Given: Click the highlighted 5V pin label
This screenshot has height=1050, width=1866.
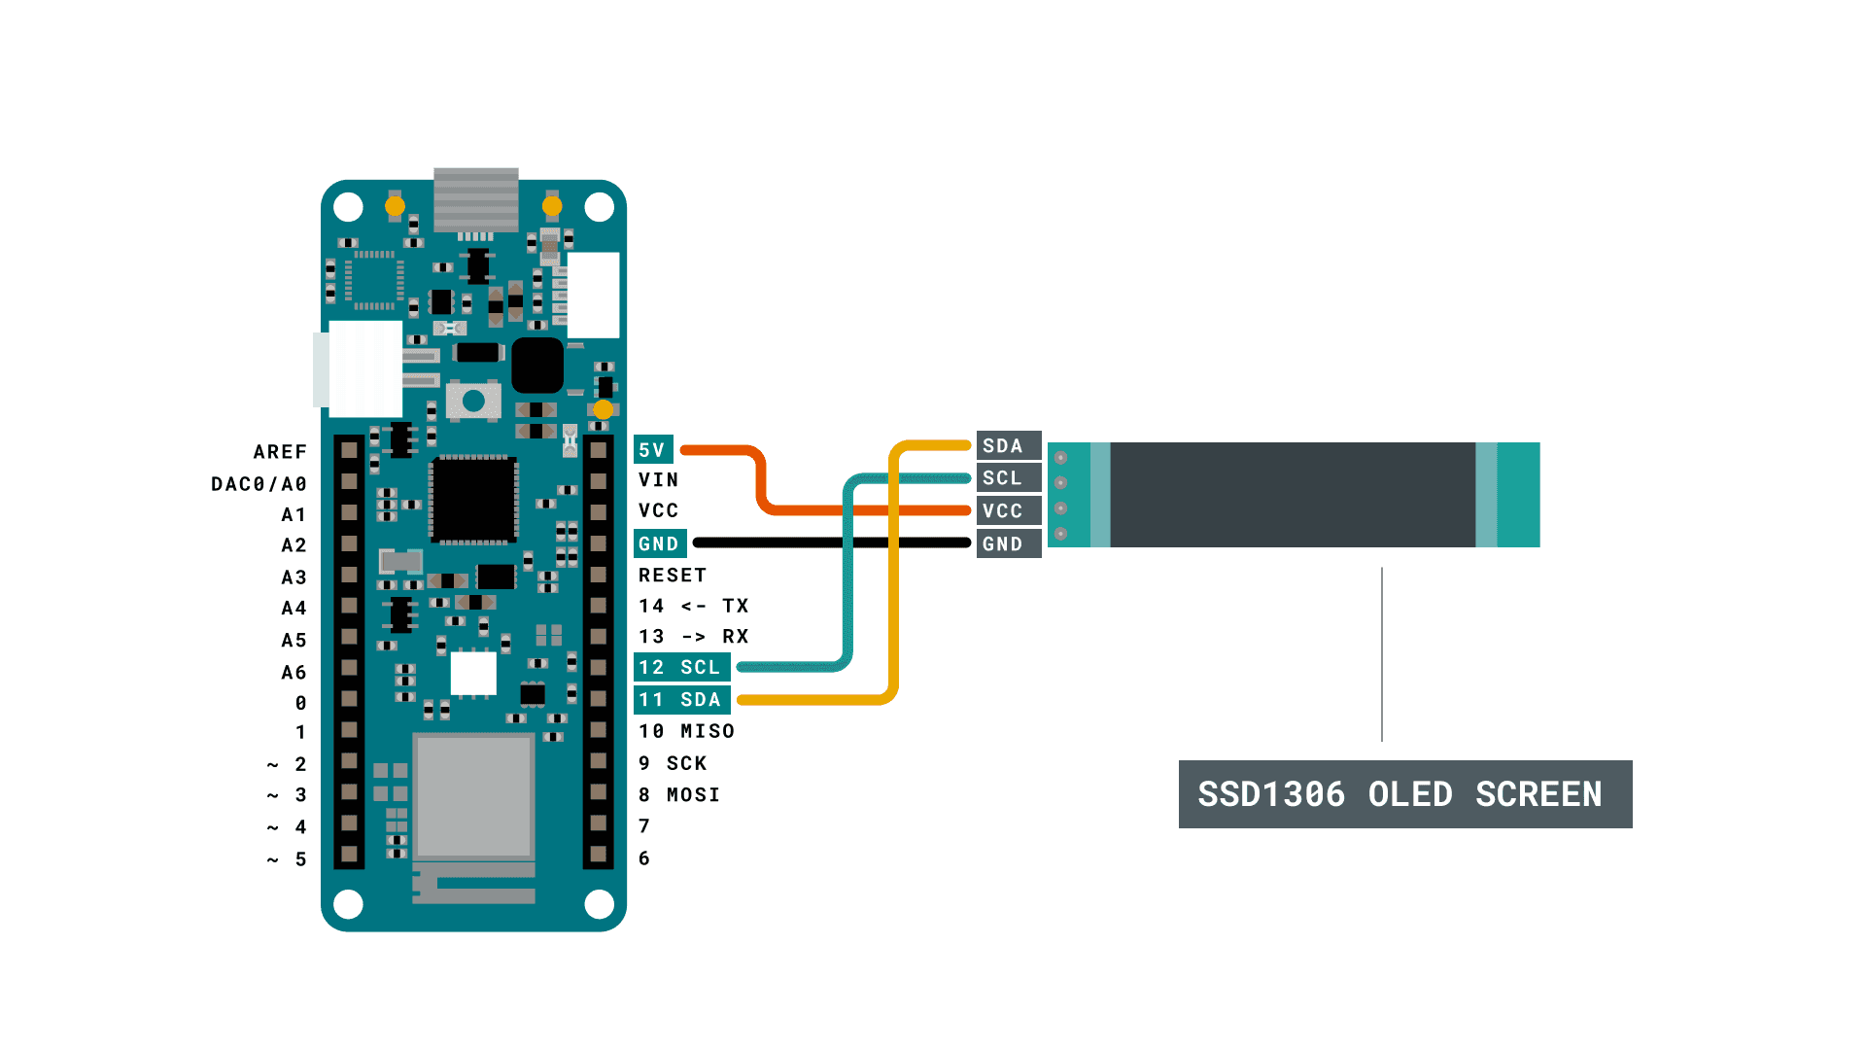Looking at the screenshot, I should point(652,450).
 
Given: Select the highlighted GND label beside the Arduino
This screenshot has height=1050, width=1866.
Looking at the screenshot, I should point(659,543).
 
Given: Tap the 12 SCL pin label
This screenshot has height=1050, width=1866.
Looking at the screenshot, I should point(680,668).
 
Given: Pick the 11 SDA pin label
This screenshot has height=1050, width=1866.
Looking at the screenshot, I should point(680,700).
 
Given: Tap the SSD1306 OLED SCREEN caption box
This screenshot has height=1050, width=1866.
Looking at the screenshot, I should point(1404,794).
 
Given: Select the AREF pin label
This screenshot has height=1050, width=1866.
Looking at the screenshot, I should point(280,452).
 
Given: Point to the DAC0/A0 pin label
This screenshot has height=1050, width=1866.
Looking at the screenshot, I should point(259,484).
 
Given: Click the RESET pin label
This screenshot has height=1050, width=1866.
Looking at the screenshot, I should point(672,576).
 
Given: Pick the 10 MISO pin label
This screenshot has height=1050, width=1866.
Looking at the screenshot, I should point(686,731).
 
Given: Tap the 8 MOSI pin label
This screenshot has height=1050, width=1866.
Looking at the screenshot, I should point(679,795).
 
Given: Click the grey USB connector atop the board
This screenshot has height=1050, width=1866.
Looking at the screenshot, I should point(475,199).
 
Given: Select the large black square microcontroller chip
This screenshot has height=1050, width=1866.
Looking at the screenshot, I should point(473,500).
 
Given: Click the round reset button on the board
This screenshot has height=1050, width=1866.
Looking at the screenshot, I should point(473,401).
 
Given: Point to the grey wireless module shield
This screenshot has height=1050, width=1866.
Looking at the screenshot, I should point(473,795).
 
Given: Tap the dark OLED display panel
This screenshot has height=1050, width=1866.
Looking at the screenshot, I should point(1293,495).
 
